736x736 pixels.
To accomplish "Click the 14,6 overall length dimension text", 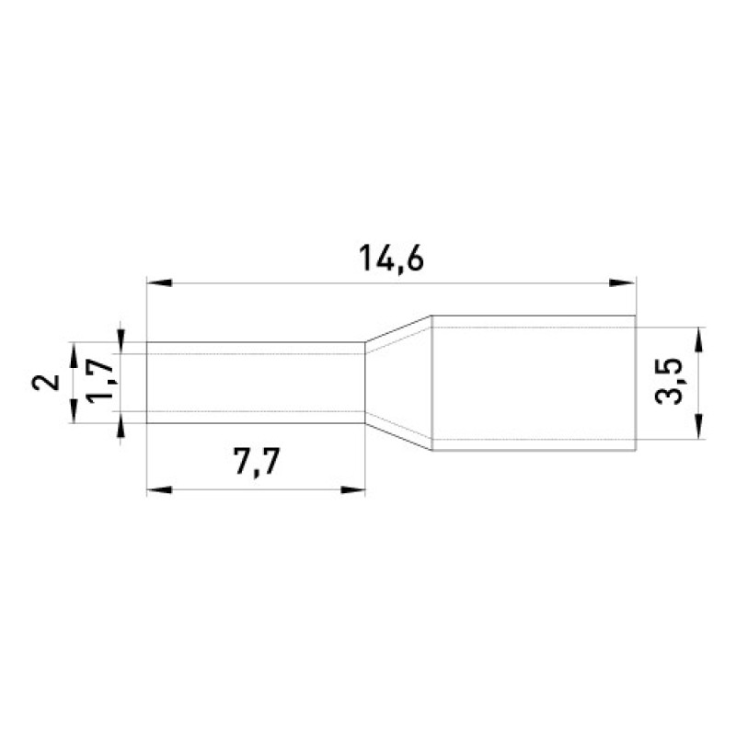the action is [391, 259].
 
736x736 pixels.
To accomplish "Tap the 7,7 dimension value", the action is [257, 463].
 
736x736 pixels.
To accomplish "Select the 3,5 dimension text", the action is [668, 381].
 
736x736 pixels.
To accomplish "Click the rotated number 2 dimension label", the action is [46, 383].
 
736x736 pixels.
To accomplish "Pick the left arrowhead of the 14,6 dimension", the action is [159, 283].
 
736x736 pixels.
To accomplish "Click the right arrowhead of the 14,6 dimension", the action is [623, 283].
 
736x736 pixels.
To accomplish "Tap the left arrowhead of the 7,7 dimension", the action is [159, 490].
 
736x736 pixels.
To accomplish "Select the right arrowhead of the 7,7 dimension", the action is [353, 490].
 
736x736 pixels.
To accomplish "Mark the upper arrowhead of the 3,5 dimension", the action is [699, 339].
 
